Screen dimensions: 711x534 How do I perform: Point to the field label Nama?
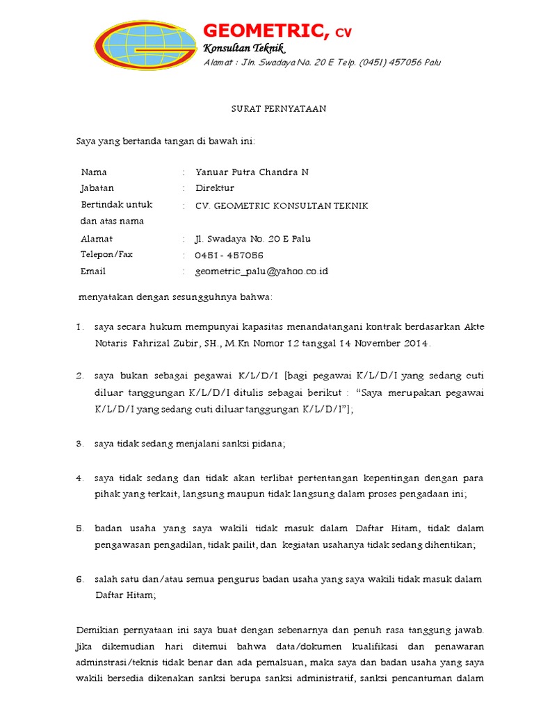click(x=94, y=172)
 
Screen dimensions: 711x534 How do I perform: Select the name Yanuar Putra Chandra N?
click(x=252, y=172)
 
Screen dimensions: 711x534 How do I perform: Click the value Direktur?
click(x=215, y=188)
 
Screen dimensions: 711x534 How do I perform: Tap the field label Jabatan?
click(x=97, y=188)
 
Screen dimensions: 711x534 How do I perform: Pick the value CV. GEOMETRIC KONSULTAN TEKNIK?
click(x=282, y=206)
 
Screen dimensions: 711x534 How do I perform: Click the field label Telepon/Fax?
click(x=106, y=255)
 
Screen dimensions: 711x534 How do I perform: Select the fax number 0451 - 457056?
click(x=229, y=256)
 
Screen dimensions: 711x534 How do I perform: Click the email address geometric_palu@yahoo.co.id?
click(x=261, y=271)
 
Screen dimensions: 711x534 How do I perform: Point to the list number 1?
click(x=80, y=326)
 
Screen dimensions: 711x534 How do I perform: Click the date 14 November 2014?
click(x=394, y=343)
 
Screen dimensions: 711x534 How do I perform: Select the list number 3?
click(x=80, y=444)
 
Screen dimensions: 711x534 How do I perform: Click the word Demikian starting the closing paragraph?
click(x=97, y=630)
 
